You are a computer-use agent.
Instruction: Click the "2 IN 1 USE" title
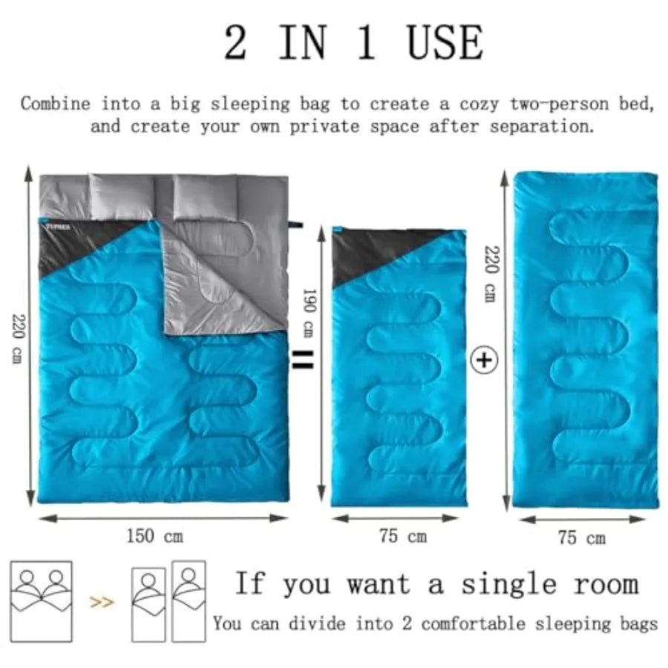coord(353,42)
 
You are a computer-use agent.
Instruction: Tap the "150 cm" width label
coord(155,536)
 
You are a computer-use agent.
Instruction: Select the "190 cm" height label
coord(309,312)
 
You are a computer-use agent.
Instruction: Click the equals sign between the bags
coord(303,360)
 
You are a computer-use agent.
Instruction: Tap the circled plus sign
coord(483,361)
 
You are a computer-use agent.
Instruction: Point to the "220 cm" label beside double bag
coord(19,338)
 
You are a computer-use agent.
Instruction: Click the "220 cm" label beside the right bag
coord(491,274)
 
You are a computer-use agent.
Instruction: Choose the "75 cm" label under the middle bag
coord(403,536)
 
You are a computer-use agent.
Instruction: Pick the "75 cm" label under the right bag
coord(582,537)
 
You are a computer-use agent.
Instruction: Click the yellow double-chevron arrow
coord(102,602)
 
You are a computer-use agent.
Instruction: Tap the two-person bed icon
coord(42,601)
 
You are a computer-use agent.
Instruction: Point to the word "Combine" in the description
coord(56,104)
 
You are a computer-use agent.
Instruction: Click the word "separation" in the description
coord(542,126)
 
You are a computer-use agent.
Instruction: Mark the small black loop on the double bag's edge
coord(295,224)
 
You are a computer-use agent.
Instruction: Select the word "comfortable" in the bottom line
coord(473,623)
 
